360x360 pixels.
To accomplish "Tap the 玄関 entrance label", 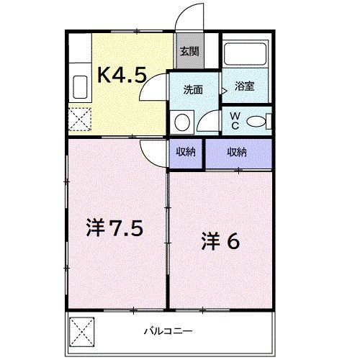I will (x=189, y=52).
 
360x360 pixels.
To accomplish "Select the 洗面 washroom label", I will (x=193, y=89).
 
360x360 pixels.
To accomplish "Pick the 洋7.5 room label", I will (x=118, y=230).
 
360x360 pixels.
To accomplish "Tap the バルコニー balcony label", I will (x=167, y=331).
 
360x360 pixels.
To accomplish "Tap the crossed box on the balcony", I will (x=82, y=330).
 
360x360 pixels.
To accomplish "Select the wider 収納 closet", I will (x=238, y=153).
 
